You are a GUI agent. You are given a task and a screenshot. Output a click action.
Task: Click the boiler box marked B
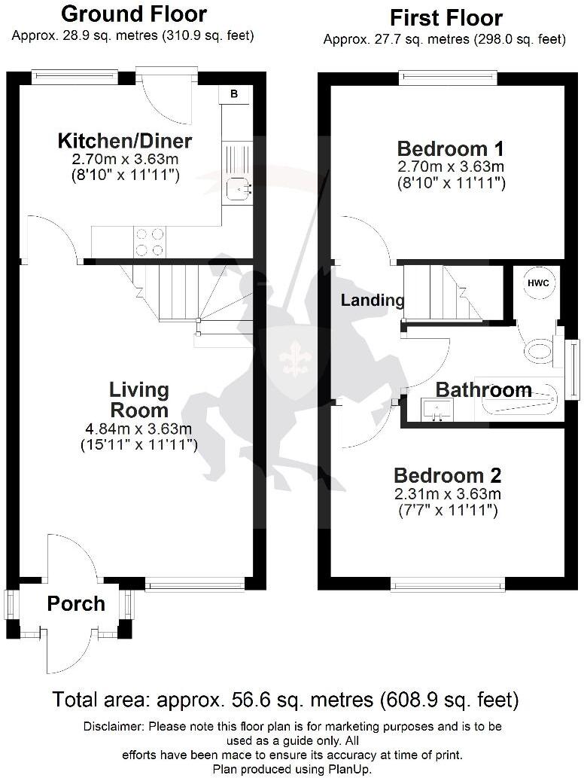pos(234,94)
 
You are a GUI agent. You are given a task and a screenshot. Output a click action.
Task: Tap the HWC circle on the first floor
pos(538,283)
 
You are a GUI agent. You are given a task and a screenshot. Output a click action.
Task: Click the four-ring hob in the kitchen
pos(149,242)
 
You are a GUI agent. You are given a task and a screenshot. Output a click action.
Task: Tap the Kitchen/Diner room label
pos(125,141)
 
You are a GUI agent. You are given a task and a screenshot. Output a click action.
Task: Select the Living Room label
pos(139,400)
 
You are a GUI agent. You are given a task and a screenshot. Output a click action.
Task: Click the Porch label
pos(76,603)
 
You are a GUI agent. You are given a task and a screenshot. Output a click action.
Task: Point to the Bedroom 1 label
pos(450,148)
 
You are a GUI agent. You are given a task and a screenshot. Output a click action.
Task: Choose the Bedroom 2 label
pos(447,476)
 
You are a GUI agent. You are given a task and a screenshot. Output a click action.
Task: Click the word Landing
pos(373,301)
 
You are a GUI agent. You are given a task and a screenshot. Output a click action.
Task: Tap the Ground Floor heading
pos(133,14)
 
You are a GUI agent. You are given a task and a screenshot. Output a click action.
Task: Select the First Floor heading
pos(446,17)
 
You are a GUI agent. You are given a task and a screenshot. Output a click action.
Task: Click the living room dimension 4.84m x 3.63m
pos(139,429)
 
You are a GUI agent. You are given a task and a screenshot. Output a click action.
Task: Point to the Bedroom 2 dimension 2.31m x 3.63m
pos(447,495)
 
